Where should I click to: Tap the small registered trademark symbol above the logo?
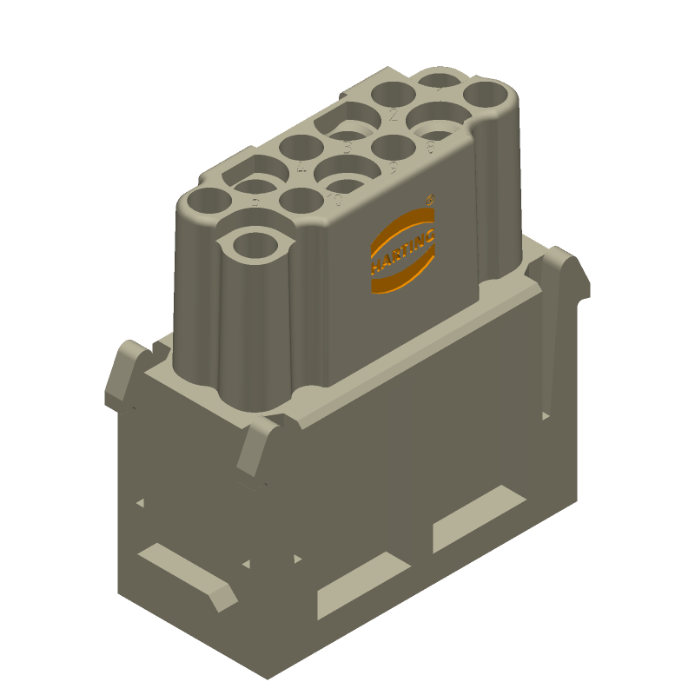pyautogui.click(x=431, y=199)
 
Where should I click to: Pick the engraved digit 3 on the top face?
pyautogui.click(x=255, y=203)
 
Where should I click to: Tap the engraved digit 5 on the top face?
pyautogui.click(x=347, y=148)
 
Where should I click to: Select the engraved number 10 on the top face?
pyautogui.click(x=334, y=201)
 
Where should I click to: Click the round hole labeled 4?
pyautogui.click(x=301, y=148)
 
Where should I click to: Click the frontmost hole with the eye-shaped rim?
pyautogui.click(x=257, y=244)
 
